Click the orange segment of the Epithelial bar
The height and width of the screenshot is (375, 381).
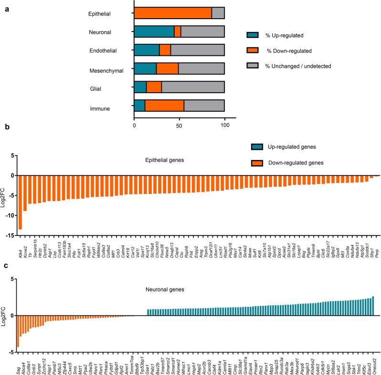coord(173,13)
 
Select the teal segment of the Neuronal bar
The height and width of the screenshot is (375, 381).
coord(154,32)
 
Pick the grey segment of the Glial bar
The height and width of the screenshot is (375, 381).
coord(193,87)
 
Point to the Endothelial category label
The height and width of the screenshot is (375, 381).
coord(111,51)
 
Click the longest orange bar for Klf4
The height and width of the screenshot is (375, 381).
coord(20,203)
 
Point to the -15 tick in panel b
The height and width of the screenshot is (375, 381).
coord(8,235)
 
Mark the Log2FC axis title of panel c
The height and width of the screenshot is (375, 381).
coord(5,322)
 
